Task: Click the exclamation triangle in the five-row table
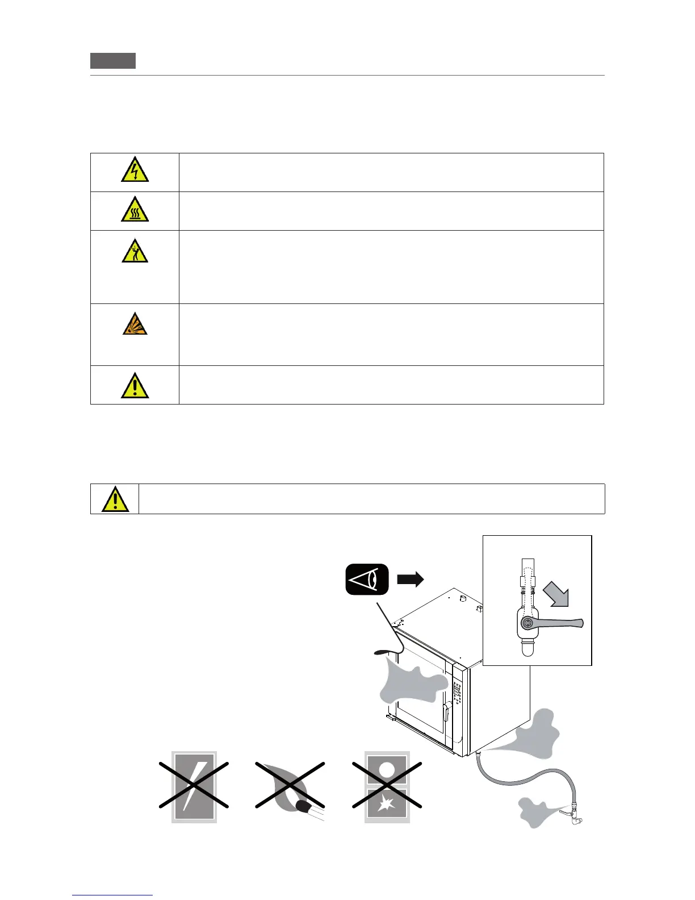[x=135, y=386]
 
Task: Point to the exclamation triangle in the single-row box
[x=115, y=499]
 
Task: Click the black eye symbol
[x=367, y=579]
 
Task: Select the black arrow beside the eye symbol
[x=410, y=580]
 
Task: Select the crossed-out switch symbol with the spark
[x=387, y=786]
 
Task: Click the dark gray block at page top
[x=113, y=60]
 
